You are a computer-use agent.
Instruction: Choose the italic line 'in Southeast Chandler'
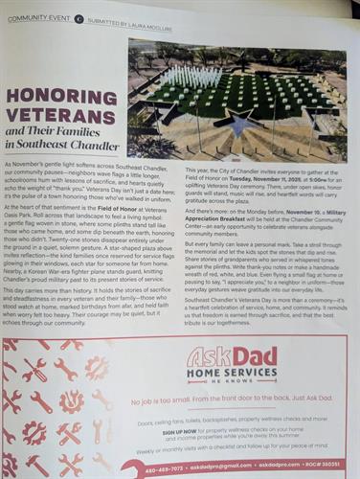point(63,146)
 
